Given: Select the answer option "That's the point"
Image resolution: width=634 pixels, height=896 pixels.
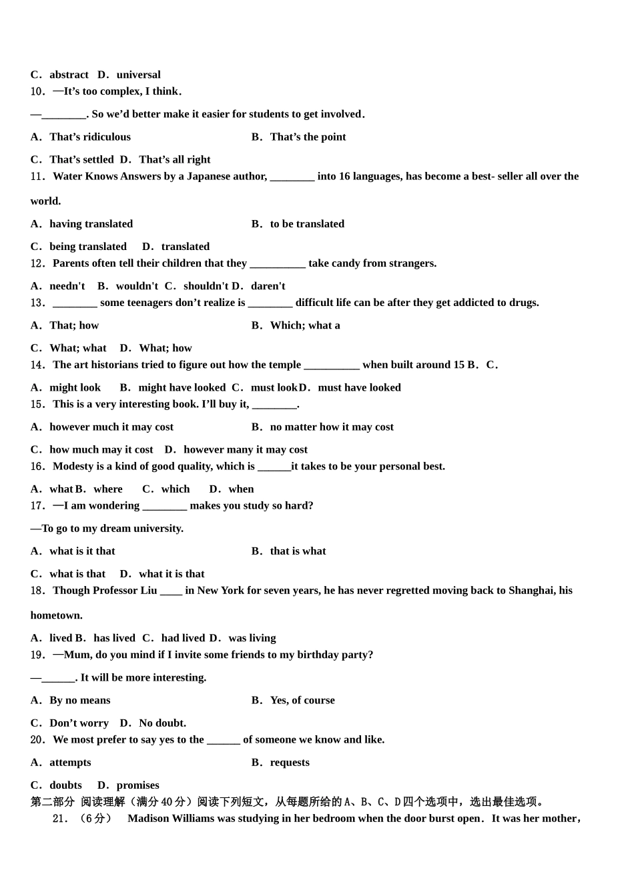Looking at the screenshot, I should [x=308, y=137].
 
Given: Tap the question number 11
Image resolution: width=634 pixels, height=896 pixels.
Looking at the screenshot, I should [x=37, y=177].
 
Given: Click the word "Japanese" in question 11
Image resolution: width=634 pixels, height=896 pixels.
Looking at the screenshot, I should [x=208, y=177].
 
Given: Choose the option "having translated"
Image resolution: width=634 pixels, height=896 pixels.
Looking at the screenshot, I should [x=91, y=224].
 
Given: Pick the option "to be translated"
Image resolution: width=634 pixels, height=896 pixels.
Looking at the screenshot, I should [x=307, y=224].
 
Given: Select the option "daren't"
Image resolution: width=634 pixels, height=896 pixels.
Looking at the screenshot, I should [x=268, y=286].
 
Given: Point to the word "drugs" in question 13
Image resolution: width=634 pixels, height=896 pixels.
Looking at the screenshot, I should [x=523, y=303].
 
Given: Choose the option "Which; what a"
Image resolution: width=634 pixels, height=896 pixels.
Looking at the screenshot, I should [x=305, y=325].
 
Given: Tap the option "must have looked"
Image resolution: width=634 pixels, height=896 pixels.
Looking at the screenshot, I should [x=359, y=387].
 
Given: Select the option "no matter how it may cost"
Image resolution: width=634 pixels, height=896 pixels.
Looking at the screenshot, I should [x=332, y=427].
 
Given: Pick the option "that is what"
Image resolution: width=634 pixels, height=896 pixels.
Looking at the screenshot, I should [x=298, y=551].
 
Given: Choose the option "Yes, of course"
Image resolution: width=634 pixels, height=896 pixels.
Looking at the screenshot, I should [x=302, y=701].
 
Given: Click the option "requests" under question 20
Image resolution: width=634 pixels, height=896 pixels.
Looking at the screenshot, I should [x=290, y=763].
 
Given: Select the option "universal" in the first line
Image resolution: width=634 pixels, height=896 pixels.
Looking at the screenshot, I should [x=138, y=75].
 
